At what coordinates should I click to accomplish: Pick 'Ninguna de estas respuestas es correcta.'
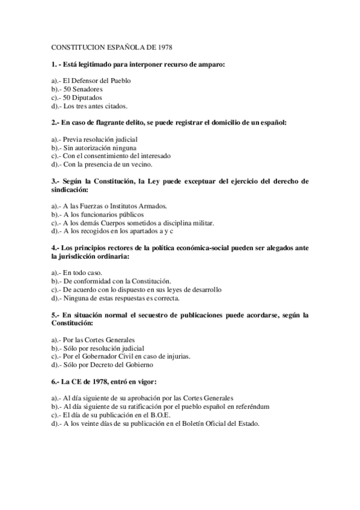(123, 298)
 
